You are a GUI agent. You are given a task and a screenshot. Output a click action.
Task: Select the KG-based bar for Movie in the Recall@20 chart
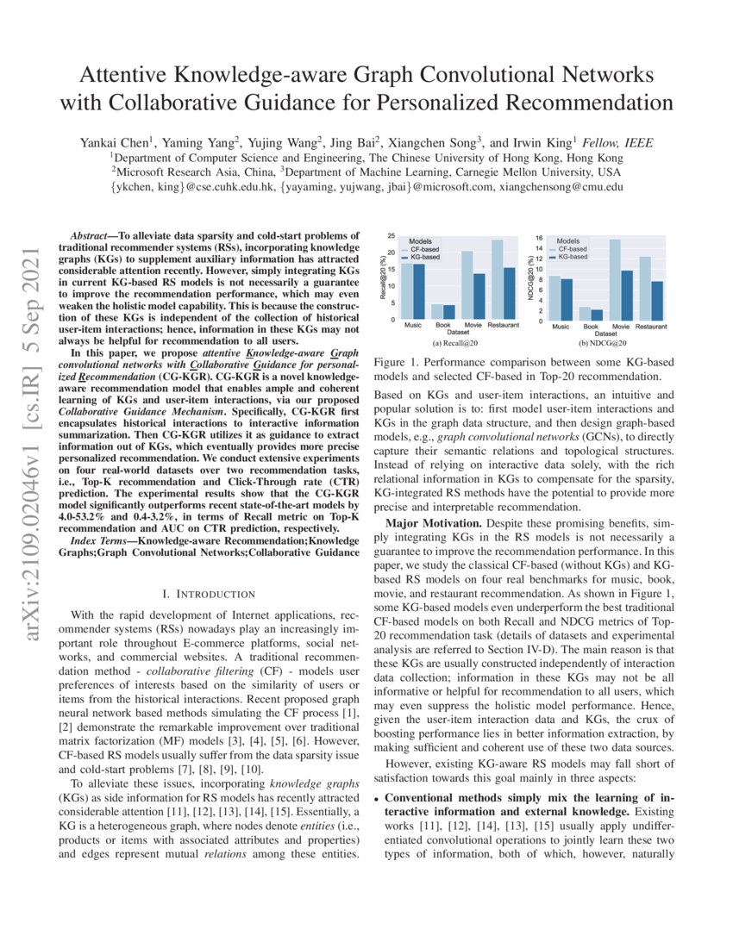tap(479, 296)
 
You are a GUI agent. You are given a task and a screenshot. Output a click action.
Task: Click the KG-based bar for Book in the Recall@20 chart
tap(448, 312)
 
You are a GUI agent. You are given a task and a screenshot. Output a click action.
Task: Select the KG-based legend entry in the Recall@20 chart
tap(425, 257)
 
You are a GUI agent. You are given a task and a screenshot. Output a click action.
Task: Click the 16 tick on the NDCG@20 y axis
tap(539, 238)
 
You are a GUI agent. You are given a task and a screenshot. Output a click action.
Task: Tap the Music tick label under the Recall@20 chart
tap(412, 326)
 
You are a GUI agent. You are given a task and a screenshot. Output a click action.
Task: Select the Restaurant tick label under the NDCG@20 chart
tap(651, 327)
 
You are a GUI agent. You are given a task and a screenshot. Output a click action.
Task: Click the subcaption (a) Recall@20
tap(454, 342)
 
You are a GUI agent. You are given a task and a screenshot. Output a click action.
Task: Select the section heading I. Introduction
tap(209, 594)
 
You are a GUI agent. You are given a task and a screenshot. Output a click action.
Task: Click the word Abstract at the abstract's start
tap(89, 235)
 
